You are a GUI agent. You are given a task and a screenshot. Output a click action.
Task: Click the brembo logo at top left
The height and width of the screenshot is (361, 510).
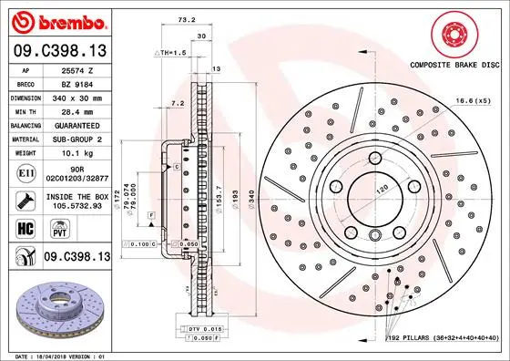point(57,21)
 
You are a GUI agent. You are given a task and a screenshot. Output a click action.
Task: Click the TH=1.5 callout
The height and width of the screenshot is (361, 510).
point(170,53)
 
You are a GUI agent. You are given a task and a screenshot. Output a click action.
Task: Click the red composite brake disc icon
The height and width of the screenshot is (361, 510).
point(454,35)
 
